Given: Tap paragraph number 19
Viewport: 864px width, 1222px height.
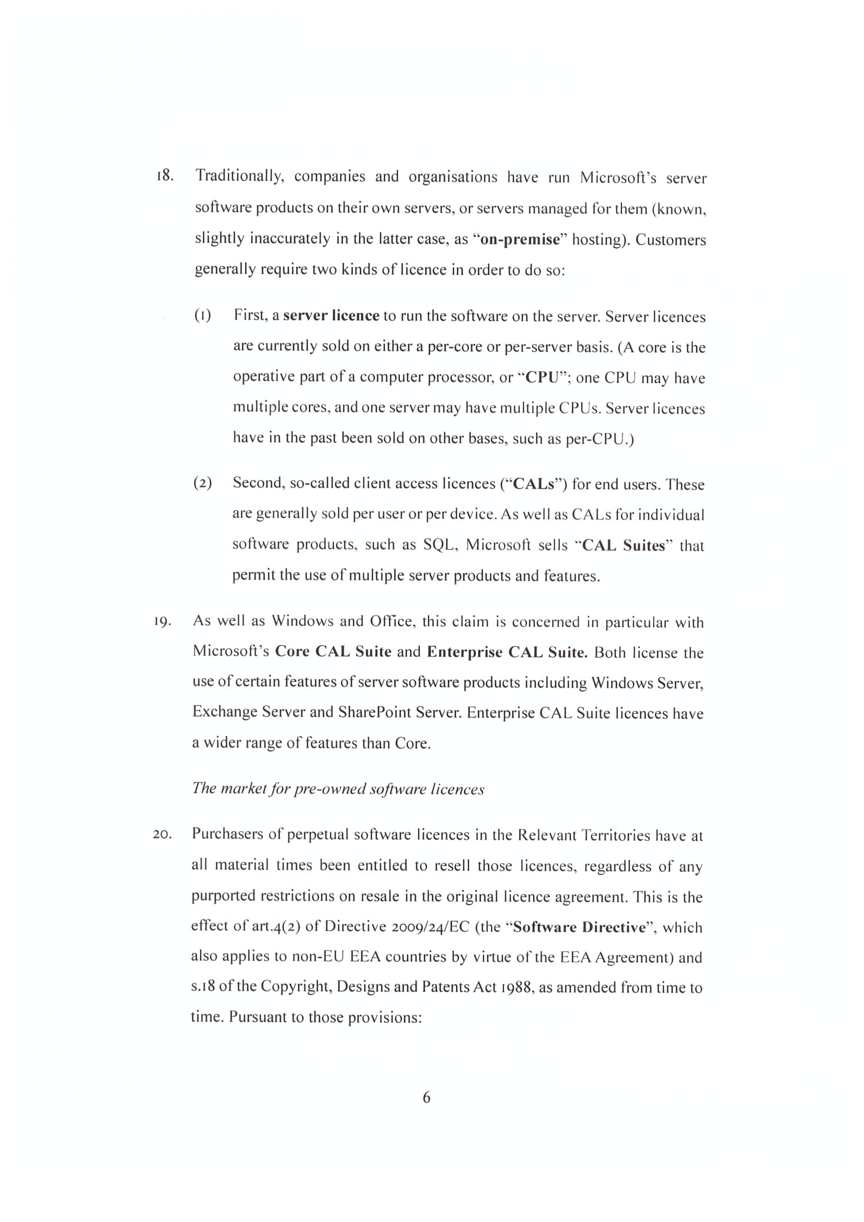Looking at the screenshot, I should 162,622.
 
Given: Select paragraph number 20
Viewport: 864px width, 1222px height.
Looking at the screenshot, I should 162,834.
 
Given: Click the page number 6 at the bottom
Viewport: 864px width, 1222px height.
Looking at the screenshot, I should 427,1098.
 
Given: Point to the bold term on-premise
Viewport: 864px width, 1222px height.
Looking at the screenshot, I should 520,239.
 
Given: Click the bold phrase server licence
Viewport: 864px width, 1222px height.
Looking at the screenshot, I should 331,316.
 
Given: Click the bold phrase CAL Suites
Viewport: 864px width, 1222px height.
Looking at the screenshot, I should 624,545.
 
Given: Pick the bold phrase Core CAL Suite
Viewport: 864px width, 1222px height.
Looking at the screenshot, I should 333,651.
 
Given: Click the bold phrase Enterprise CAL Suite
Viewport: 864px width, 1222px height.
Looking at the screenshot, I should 507,652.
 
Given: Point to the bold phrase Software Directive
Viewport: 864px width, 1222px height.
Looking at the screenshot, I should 579,927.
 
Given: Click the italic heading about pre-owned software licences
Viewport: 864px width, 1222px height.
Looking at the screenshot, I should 338,788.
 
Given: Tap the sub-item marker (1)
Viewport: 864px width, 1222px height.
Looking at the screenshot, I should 202,316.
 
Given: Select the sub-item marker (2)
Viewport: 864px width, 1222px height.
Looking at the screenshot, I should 202,483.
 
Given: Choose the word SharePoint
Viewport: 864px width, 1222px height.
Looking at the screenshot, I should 375,712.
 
